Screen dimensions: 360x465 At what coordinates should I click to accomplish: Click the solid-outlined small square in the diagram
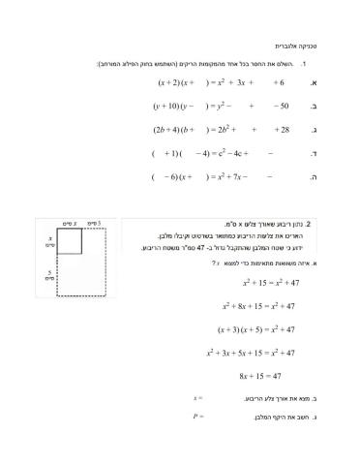click(x=68, y=242)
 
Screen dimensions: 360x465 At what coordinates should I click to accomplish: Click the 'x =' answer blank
click(x=198, y=397)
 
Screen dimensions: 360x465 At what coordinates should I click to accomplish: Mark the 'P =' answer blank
click(x=198, y=417)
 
